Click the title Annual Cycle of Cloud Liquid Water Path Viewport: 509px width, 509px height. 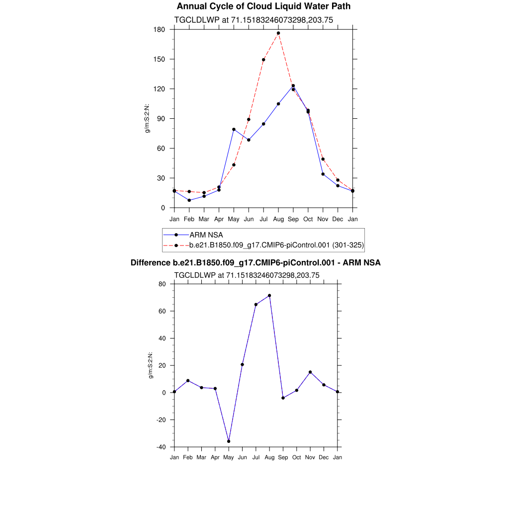point(263,6)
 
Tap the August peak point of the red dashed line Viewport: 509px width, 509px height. point(278,33)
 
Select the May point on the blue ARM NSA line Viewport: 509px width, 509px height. point(234,129)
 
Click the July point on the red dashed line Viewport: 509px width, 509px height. point(263,60)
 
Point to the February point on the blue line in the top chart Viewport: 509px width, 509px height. point(189,200)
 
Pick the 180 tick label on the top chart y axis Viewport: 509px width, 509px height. point(160,29)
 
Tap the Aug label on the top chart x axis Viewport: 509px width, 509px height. point(278,219)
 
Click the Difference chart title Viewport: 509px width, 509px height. point(255,262)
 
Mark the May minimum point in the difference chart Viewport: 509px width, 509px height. point(229,441)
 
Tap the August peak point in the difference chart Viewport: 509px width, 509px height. point(269,295)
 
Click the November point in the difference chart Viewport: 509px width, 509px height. point(310,372)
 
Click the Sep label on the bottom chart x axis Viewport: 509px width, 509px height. point(283,457)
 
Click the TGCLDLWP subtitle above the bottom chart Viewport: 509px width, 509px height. point(247,275)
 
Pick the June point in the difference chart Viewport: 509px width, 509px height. point(242,364)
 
